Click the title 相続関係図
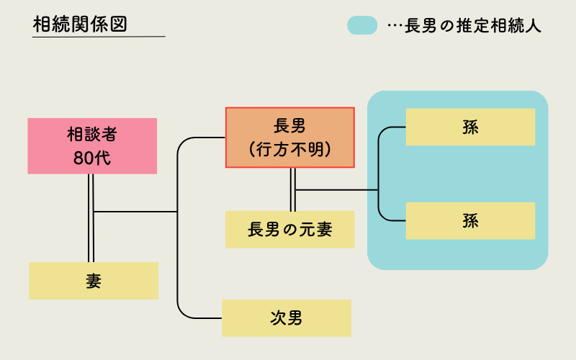point(80,23)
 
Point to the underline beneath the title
point(99,36)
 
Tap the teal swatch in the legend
point(362,25)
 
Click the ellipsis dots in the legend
point(393,26)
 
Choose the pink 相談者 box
point(92,145)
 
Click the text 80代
point(92,158)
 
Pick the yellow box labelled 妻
point(94,281)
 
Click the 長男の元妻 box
point(290,230)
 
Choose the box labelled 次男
point(287,318)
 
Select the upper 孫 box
point(471,127)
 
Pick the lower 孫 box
point(471,221)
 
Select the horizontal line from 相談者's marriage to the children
point(135,212)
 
